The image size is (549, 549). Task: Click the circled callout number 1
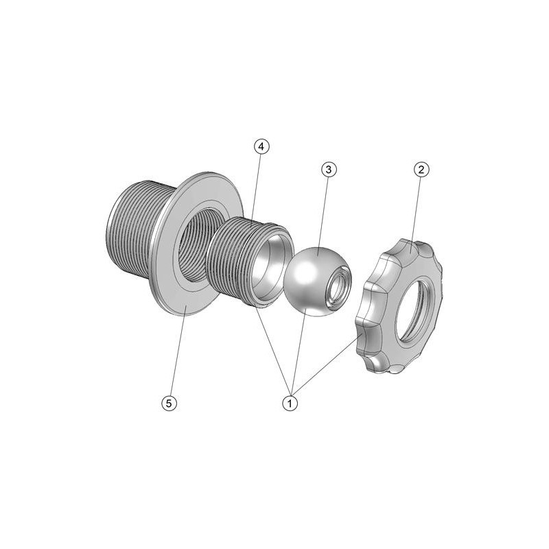click(x=290, y=404)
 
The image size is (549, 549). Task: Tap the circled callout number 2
click(x=421, y=170)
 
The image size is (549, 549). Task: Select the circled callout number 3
click(x=329, y=170)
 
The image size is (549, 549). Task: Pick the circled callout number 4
click(x=261, y=147)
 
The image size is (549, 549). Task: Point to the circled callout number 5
click(x=169, y=404)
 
